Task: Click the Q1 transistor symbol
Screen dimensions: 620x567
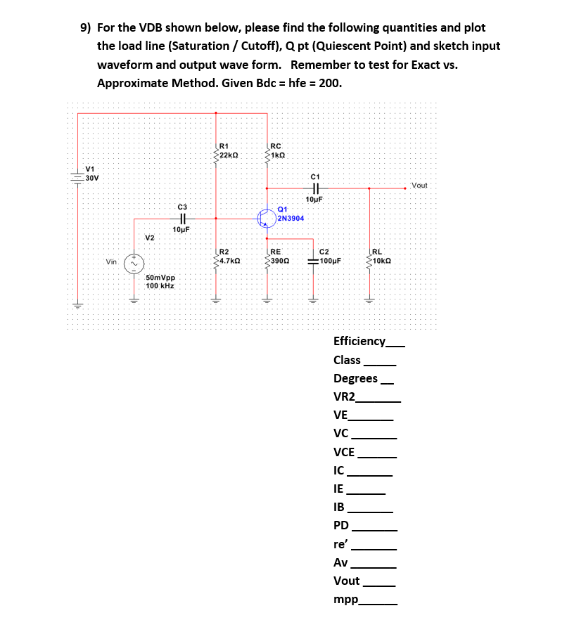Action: pyautogui.click(x=266, y=218)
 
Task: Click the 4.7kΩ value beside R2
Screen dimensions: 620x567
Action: pyautogui.click(x=231, y=261)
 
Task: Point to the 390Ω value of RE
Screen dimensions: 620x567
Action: pyautogui.click(x=277, y=261)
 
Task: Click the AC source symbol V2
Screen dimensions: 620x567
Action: pyautogui.click(x=134, y=263)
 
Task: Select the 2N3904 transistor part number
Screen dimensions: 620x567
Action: pyautogui.click(x=291, y=219)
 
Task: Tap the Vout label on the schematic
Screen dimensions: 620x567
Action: pyautogui.click(x=419, y=186)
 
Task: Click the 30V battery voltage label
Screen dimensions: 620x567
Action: pyautogui.click(x=92, y=177)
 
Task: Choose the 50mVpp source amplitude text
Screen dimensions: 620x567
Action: pyautogui.click(x=160, y=278)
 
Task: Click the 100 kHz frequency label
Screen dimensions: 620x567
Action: pyautogui.click(x=160, y=286)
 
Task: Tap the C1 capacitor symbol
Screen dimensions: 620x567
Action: pyautogui.click(x=314, y=188)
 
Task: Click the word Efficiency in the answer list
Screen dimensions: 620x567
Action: pyautogui.click(x=359, y=342)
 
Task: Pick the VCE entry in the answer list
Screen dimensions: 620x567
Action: pyautogui.click(x=344, y=452)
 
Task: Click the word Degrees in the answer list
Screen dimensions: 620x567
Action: pyautogui.click(x=355, y=378)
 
